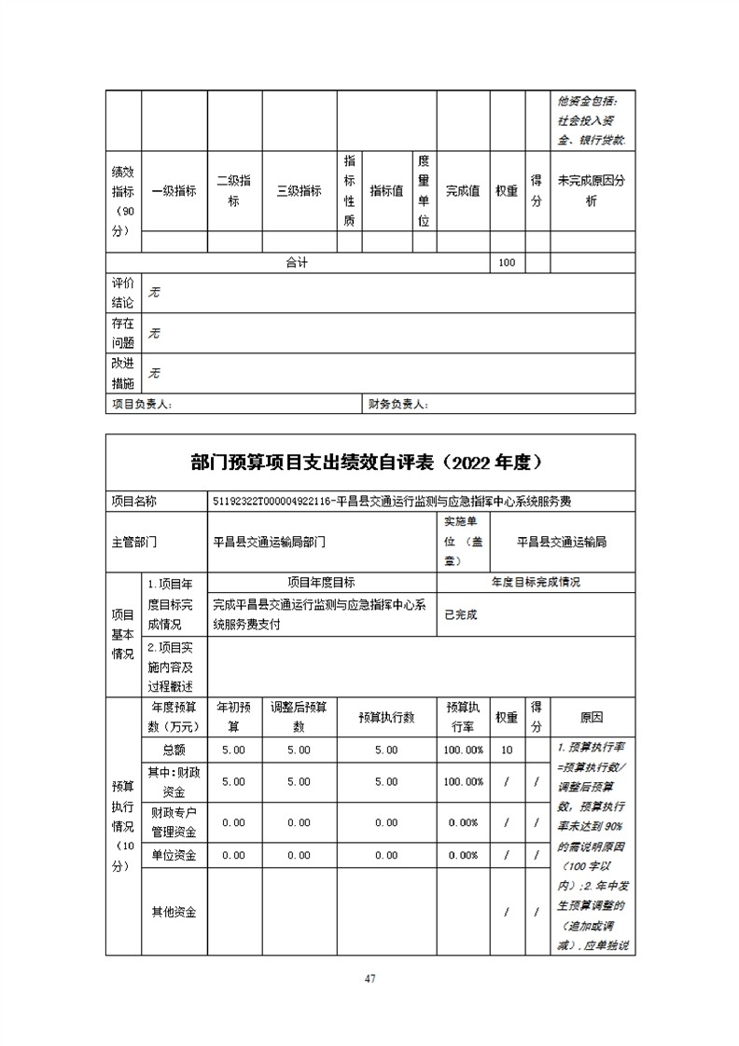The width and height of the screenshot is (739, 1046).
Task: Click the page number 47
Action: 369,978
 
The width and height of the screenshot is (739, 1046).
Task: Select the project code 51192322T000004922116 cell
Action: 273,501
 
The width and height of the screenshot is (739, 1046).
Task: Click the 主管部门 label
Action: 132,541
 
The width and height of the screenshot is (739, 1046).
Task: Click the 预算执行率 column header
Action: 464,718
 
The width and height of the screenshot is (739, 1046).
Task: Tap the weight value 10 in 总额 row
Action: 507,750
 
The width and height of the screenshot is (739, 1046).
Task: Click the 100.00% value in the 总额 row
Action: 464,750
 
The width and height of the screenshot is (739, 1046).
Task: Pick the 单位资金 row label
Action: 173,855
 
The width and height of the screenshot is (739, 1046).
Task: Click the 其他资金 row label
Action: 173,912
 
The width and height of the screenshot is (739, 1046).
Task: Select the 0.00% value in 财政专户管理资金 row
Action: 464,822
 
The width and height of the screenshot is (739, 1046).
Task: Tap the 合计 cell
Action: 297,263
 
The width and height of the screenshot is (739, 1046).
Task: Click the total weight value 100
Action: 507,263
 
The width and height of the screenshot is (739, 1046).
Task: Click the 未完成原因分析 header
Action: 592,191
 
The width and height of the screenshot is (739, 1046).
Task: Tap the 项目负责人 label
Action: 142,405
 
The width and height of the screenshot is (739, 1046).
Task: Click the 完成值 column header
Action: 463,191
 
